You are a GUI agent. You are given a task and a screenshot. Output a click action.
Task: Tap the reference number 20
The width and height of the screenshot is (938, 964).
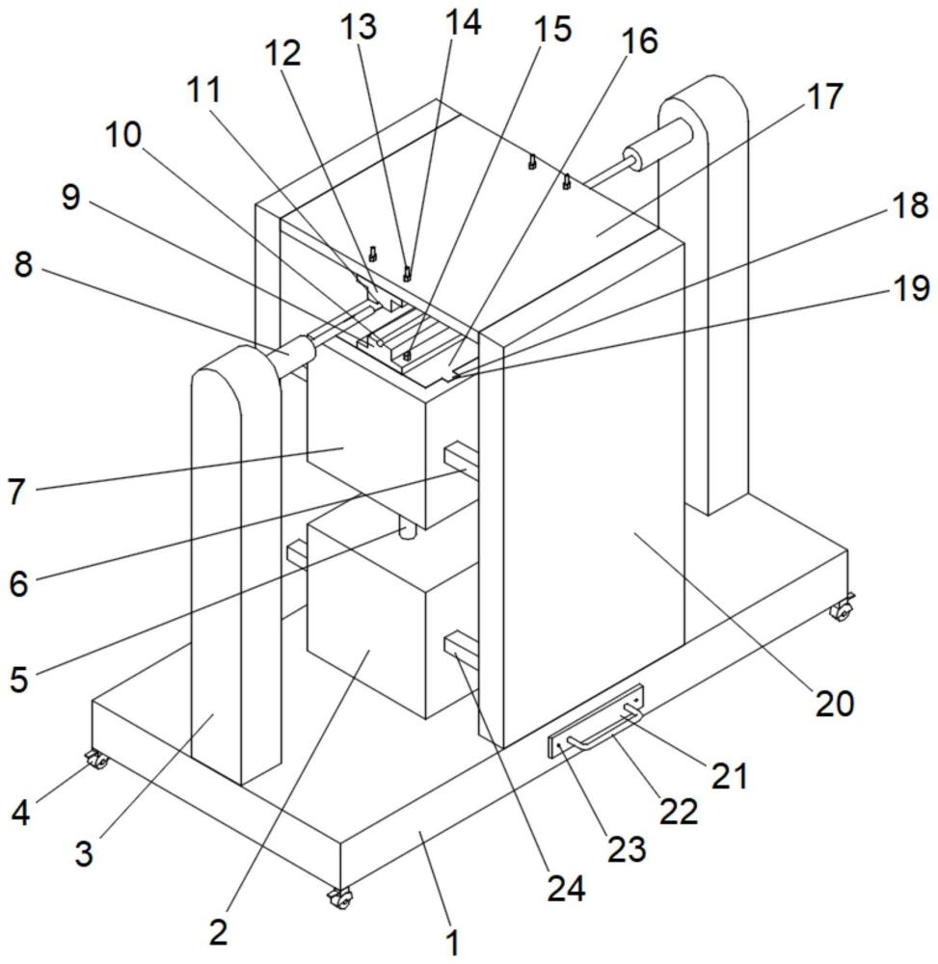click(x=834, y=703)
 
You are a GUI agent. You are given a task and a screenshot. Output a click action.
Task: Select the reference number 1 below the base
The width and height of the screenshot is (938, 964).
click(x=451, y=939)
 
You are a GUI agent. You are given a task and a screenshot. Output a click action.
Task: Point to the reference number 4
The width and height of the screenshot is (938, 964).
click(x=21, y=811)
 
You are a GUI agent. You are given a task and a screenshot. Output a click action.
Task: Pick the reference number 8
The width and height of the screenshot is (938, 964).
click(x=24, y=266)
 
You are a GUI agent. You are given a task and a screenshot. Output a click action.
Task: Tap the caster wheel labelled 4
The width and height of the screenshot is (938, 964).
click(x=96, y=763)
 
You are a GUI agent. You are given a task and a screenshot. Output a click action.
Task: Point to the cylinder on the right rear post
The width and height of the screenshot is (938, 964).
click(x=657, y=146)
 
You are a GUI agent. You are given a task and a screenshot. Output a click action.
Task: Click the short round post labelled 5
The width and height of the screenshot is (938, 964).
click(x=408, y=529)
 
